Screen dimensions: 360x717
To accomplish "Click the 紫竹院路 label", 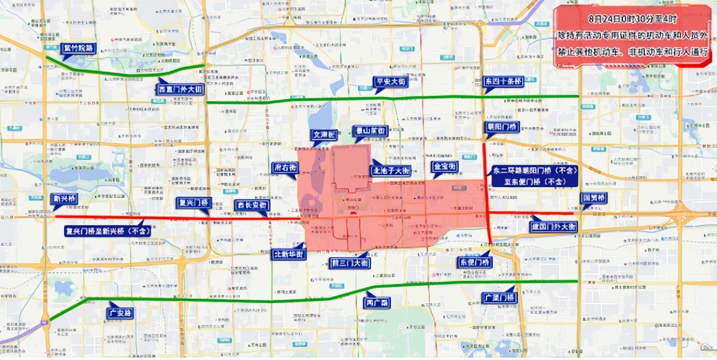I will (77, 49).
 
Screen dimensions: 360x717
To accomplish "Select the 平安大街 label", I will (391, 82).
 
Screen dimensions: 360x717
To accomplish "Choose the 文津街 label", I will (324, 134).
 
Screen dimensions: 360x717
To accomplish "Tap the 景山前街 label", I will (371, 131).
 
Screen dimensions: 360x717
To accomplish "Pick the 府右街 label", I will (285, 167).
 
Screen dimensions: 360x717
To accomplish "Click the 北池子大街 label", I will (391, 170).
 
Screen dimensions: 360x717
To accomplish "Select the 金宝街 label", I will (445, 167).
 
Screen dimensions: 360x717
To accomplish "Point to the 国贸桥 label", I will (593, 198).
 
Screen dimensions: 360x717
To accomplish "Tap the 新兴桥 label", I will (64, 199).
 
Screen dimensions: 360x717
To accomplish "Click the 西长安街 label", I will (252, 205).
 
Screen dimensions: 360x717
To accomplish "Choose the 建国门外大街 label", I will (553, 226).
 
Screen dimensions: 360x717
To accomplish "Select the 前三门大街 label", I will (350, 263).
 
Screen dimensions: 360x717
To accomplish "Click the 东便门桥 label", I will (475, 262).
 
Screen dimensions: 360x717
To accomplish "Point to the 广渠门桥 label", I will (498, 298).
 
